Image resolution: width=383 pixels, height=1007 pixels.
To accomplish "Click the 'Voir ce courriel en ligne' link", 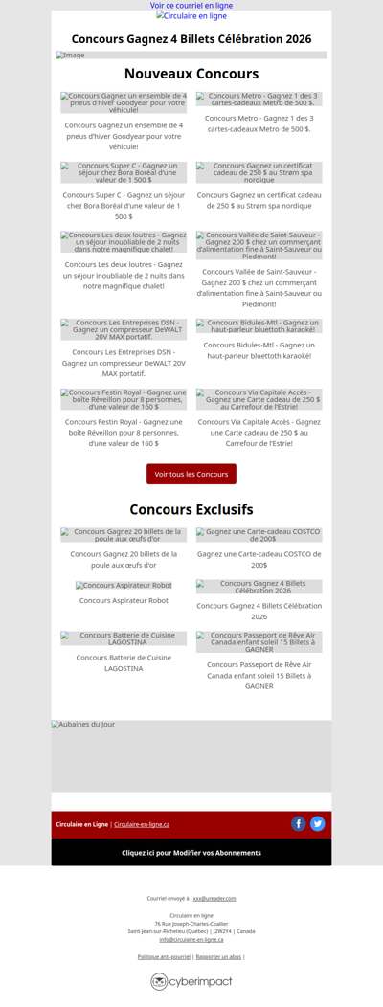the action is [191, 6].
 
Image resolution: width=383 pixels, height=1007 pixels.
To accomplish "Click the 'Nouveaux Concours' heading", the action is [191, 74].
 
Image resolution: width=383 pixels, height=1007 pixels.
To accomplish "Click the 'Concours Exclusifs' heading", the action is [191, 509].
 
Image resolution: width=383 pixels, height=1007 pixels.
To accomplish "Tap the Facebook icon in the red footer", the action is [299, 823].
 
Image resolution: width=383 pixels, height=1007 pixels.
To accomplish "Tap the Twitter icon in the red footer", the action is [318, 823].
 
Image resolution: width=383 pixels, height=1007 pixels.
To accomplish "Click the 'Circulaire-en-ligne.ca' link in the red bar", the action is [142, 824].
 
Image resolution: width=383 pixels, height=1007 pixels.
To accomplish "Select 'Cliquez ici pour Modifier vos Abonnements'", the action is [191, 852].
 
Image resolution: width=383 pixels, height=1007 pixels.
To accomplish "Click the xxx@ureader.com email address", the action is [214, 898].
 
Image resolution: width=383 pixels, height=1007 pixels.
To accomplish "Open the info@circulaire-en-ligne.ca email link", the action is [191, 939].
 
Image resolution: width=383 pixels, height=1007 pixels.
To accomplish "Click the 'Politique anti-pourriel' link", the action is [164, 956].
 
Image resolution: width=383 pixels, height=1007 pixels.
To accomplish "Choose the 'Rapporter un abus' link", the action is [218, 956].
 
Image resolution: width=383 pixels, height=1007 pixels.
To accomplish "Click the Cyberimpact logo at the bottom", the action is [191, 981].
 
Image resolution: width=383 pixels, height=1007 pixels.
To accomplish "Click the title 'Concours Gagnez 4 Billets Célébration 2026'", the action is [191, 39].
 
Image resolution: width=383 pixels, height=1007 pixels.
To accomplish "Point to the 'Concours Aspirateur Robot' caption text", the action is [124, 600].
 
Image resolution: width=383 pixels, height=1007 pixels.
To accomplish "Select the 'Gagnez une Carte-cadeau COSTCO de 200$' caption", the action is [259, 559].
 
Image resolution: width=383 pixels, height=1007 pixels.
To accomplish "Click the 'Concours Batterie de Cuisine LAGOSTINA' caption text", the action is [124, 662].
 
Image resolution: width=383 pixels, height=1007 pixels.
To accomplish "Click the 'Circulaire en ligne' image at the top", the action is [191, 16].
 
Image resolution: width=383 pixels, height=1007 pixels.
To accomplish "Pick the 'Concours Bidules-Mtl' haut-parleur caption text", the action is [259, 350].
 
